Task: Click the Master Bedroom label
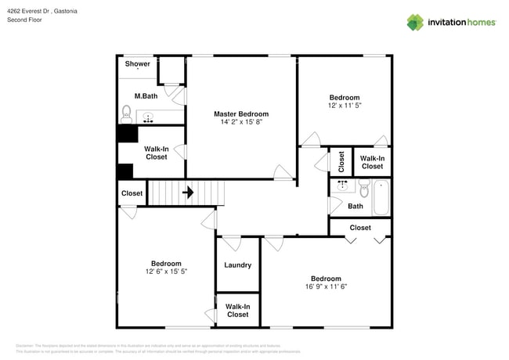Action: [241, 113]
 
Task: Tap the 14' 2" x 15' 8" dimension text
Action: [241, 122]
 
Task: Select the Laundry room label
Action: [237, 265]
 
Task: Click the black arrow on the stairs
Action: [188, 191]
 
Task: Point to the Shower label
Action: [138, 64]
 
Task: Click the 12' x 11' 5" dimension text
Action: [344, 105]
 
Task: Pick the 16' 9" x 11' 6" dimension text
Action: [326, 286]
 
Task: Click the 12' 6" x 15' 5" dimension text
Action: [166, 272]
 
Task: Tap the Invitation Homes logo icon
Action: [416, 22]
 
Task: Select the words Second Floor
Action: [24, 20]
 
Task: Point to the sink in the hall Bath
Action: [342, 186]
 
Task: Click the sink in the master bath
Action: [149, 117]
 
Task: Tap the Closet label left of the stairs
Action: [132, 193]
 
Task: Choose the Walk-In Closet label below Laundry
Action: [237, 310]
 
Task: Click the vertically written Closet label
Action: [341, 161]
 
